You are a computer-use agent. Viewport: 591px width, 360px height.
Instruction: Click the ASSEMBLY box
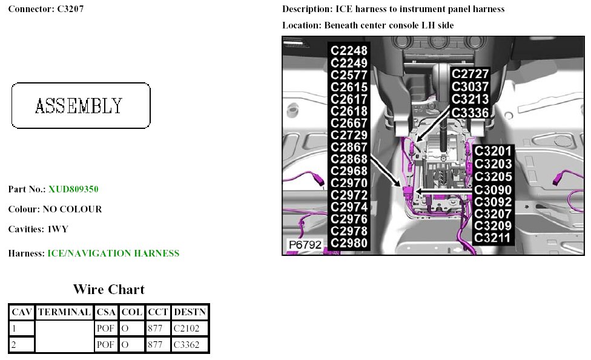81,106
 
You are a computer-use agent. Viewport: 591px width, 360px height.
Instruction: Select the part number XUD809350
73,189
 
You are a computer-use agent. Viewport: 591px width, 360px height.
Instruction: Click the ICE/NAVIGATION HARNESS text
113,254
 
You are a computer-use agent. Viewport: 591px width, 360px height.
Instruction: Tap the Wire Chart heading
109,289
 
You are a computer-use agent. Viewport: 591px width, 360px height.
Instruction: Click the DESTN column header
190,312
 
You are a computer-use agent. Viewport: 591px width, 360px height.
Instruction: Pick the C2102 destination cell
190,329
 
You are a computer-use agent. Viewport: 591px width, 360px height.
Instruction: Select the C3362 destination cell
190,345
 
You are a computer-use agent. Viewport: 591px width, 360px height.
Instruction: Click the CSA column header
106,312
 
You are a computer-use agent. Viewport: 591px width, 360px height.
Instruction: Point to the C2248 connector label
349,51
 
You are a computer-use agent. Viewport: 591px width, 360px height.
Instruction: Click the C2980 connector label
349,243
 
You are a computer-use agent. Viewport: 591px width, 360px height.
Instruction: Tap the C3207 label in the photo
493,213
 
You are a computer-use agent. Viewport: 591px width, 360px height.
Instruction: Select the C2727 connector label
470,74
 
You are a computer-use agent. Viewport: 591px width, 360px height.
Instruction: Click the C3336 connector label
470,112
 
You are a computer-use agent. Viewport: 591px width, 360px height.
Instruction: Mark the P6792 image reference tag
305,245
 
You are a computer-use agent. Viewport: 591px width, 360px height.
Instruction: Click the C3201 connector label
493,151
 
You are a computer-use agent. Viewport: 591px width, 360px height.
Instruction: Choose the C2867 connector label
349,147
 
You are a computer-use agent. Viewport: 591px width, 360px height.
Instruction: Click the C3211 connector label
493,238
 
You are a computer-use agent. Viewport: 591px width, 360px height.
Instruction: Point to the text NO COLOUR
72,209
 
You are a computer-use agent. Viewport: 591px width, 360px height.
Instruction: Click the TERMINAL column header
64,312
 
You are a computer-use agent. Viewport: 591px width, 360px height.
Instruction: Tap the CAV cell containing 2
21,345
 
